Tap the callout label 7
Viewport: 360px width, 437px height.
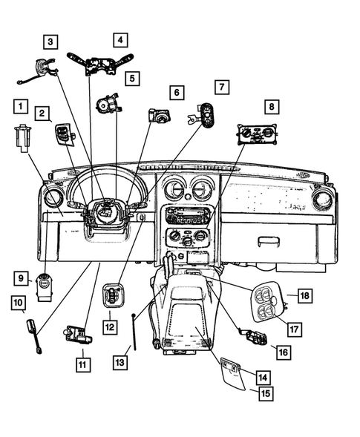click(221, 87)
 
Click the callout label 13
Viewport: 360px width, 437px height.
click(120, 361)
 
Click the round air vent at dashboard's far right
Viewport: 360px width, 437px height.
click(321, 200)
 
